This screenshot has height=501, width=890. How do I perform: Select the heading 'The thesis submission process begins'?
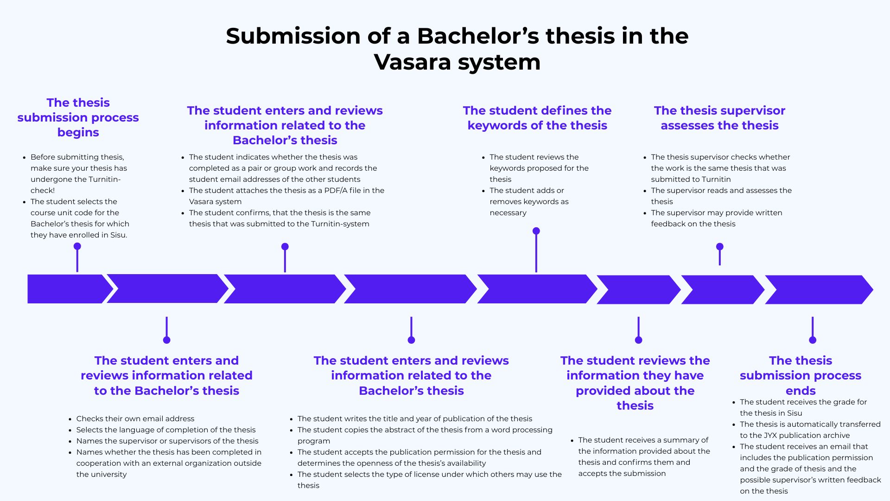point(78,117)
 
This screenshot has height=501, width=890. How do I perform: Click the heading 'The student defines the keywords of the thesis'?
point(537,118)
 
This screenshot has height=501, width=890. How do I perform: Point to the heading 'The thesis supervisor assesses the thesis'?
point(719,118)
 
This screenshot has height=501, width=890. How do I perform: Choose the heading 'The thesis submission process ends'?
point(800,375)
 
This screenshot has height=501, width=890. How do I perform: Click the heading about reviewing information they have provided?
point(635,383)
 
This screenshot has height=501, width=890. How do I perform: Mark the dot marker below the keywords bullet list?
point(536,231)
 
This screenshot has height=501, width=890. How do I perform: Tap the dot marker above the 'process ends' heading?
point(812,340)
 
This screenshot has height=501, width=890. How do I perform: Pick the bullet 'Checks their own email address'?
point(135,418)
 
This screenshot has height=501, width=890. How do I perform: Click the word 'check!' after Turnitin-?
point(43,190)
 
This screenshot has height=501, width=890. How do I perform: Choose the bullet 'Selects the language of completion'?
point(165,430)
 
